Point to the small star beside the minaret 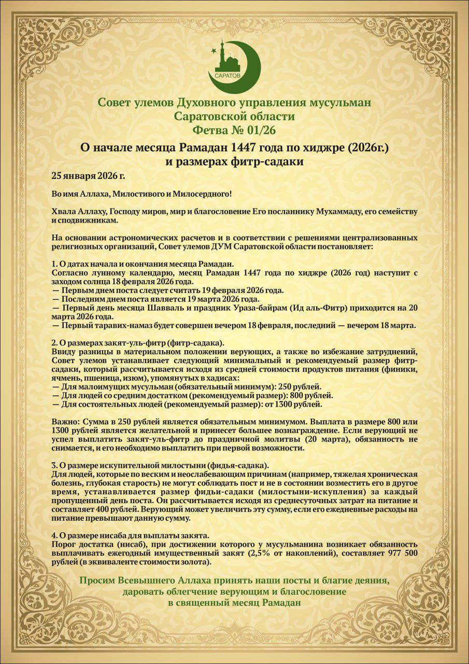[x=214, y=50]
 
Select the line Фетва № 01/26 [x=234, y=130]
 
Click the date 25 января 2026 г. [x=88, y=176]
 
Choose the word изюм [x=133, y=378]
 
